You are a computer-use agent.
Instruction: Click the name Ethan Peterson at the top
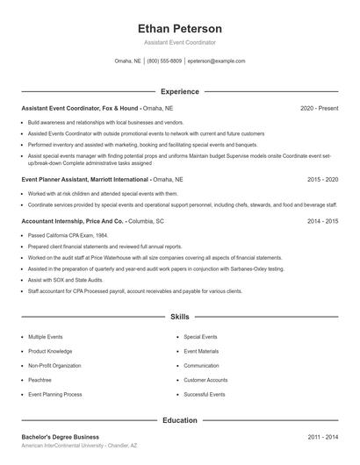coord(180,28)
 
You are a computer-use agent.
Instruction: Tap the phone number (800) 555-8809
coord(164,61)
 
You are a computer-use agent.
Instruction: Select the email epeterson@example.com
coord(216,61)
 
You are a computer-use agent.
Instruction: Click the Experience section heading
coord(180,91)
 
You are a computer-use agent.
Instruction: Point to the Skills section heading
coord(180,316)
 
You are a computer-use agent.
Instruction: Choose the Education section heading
coord(180,420)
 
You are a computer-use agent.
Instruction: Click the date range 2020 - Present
coord(319,108)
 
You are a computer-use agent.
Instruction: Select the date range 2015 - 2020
coord(322,178)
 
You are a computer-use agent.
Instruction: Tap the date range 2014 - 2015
coord(322,221)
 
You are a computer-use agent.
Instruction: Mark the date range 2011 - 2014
coord(322,436)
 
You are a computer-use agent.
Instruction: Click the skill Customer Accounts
coord(205,380)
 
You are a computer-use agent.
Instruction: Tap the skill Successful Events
coord(205,395)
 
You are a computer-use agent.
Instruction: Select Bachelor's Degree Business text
coord(61,436)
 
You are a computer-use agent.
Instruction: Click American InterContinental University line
coord(79,446)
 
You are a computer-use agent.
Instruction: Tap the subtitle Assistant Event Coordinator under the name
coord(180,42)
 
